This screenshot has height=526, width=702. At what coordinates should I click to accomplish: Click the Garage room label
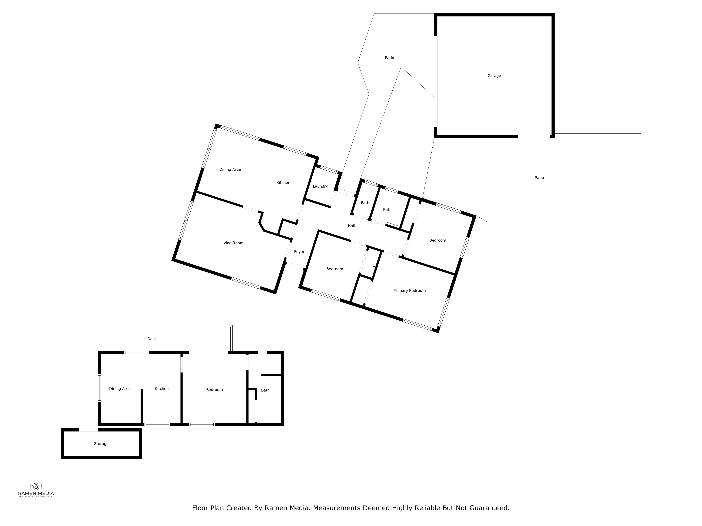[494, 76]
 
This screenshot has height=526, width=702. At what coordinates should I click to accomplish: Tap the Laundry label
[320, 186]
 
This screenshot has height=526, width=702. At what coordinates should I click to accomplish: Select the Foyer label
[299, 252]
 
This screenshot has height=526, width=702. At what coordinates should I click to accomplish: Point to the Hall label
[351, 226]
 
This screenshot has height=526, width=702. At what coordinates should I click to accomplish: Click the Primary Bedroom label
[409, 291]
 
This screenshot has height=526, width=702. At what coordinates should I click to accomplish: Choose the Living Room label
[232, 243]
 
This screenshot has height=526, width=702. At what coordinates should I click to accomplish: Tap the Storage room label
[101, 444]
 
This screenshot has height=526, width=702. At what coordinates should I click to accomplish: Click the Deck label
[152, 339]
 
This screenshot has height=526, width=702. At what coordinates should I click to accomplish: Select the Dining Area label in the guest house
[120, 389]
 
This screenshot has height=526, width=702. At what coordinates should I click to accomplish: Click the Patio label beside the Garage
[389, 58]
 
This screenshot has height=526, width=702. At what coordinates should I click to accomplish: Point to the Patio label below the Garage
[539, 178]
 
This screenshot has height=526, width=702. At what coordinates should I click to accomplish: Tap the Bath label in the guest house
[265, 390]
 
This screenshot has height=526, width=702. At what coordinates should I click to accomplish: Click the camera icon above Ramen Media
[36, 487]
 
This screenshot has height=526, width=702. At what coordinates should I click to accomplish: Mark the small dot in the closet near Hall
[374, 266]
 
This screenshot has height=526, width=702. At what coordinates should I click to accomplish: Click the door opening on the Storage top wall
[88, 430]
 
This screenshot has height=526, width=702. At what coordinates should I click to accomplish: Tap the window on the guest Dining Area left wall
[99, 388]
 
